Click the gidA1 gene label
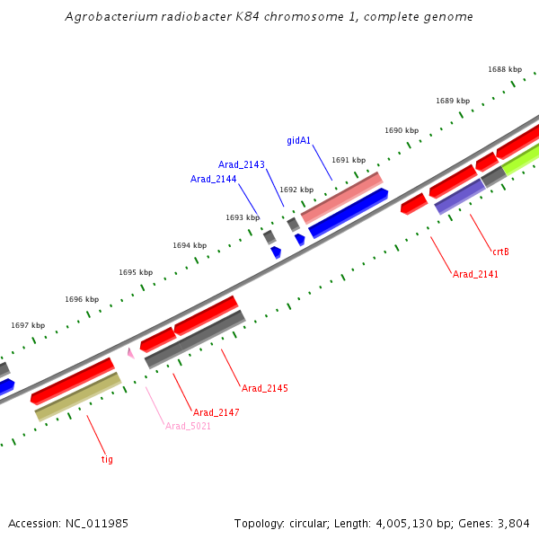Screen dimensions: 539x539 click(299, 140)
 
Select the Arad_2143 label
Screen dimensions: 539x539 click(242, 164)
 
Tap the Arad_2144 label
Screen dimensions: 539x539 click(213, 179)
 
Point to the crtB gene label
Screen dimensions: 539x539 click(500, 252)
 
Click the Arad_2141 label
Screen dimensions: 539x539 click(475, 274)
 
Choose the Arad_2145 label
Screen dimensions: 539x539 click(265, 388)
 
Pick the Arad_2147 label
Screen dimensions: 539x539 click(216, 412)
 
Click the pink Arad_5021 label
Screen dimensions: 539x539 click(188, 426)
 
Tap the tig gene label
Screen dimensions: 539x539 click(107, 459)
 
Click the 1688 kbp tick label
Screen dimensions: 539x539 click(505, 69)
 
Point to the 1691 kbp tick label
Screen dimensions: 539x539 click(349, 160)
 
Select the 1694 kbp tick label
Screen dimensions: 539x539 click(190, 245)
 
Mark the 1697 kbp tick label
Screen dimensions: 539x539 click(28, 325)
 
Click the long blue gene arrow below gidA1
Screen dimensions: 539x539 click(349, 213)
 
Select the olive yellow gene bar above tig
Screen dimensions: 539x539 click(77, 397)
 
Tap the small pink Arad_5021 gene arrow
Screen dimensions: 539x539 click(131, 353)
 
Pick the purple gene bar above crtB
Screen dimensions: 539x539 click(459, 196)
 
